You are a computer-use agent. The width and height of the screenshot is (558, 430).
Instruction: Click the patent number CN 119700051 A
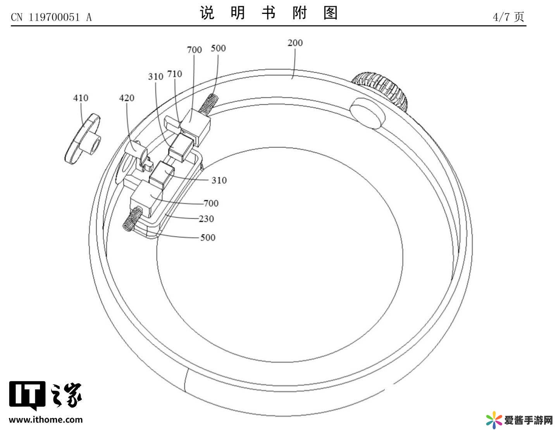tap(51, 17)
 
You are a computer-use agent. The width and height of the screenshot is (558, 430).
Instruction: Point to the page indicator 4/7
tap(501, 17)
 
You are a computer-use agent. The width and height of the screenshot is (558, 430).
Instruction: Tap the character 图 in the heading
tap(331, 13)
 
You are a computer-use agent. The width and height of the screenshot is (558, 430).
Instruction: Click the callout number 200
tap(295, 43)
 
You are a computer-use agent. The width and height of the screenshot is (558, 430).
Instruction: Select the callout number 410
tap(81, 98)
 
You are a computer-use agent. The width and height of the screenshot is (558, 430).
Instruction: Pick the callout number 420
tap(127, 98)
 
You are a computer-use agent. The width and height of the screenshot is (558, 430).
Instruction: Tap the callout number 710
tap(174, 74)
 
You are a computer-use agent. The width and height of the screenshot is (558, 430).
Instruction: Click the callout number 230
tap(206, 219)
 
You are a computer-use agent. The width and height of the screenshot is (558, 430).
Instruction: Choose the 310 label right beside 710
tap(155, 77)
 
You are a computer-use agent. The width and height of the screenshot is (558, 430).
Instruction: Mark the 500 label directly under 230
tap(208, 238)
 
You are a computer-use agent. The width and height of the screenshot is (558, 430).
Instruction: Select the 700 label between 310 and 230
tap(211, 203)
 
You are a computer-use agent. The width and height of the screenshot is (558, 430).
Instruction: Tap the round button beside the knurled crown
tap(367, 113)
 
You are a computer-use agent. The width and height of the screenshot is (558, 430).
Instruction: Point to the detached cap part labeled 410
tap(83, 139)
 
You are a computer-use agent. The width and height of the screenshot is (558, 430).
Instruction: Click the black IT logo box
tap(27, 395)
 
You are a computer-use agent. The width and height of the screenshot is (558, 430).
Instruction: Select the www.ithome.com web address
tap(46, 420)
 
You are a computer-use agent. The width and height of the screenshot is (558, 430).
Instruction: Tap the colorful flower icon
tap(494, 420)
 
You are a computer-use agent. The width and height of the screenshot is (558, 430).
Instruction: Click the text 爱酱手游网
tap(529, 420)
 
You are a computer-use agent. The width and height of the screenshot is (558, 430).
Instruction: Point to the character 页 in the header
tap(520, 17)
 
